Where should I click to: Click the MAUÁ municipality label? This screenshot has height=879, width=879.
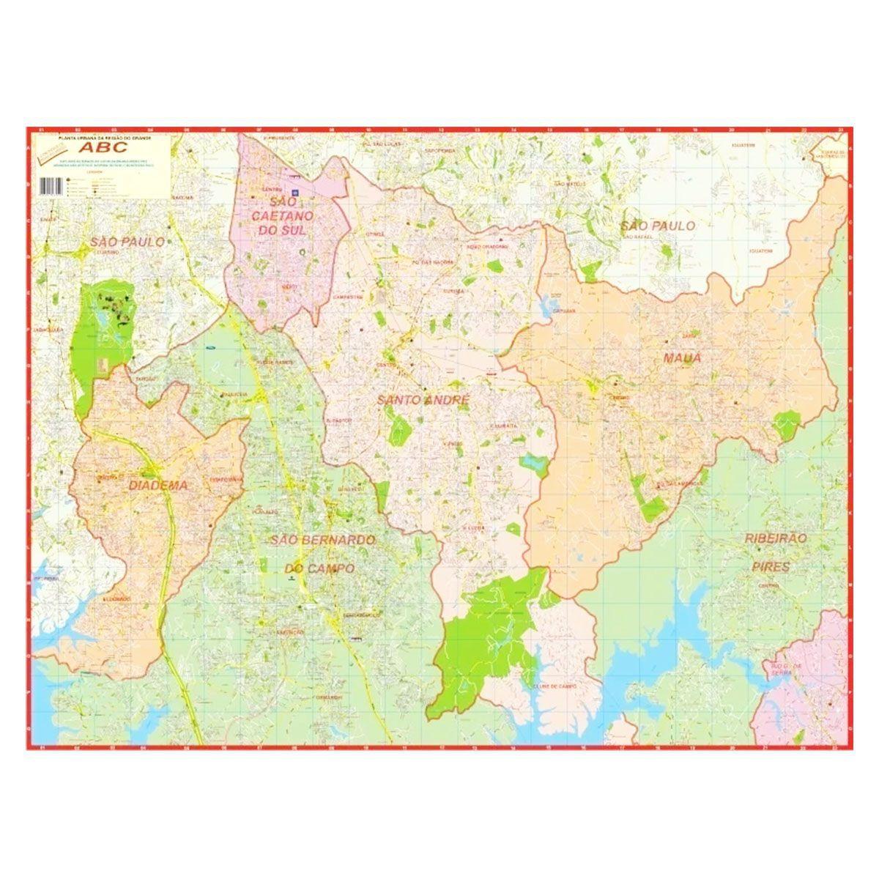(682, 358)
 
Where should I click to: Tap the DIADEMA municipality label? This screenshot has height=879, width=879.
(157, 485)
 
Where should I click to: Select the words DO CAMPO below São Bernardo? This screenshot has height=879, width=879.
(319, 568)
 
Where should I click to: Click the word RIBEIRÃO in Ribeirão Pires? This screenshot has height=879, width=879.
(776, 538)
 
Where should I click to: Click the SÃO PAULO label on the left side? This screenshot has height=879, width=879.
(127, 241)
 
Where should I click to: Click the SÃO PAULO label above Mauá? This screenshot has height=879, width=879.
(657, 226)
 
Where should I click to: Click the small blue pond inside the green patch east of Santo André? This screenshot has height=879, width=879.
(533, 463)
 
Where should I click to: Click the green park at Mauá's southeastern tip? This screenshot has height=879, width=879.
(786, 426)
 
